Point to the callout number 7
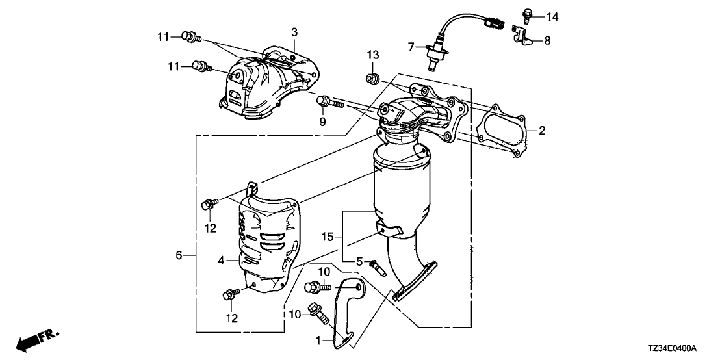coord(411,46)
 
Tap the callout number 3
coord(294,31)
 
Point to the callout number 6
coord(179,256)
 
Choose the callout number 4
coord(221,261)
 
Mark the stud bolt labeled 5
coord(376,266)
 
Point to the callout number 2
coord(541,130)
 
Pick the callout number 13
coord(372,53)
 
